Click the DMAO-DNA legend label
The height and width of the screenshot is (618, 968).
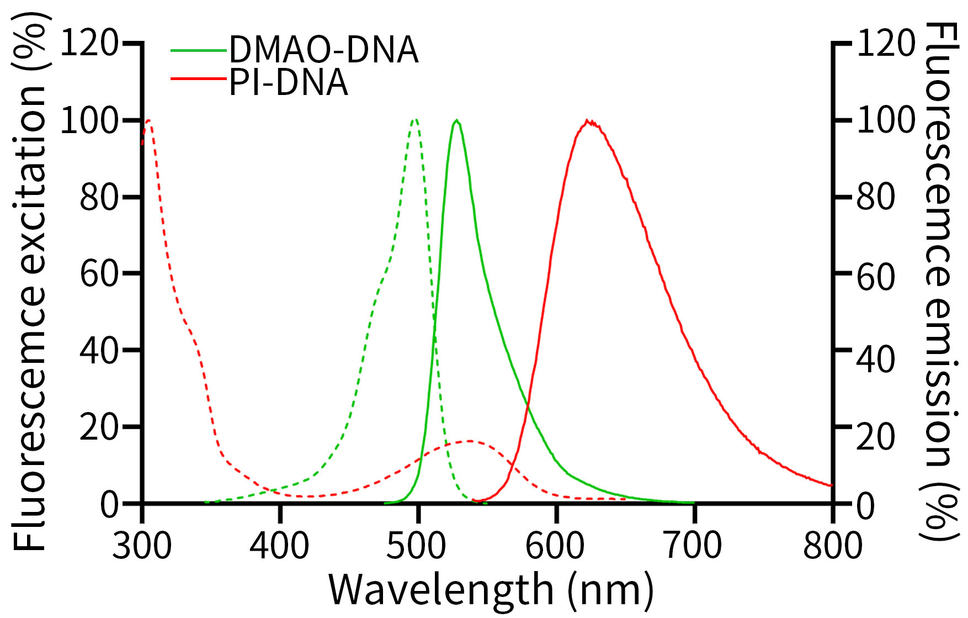coord(323,50)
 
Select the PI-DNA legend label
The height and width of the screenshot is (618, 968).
coord(288,83)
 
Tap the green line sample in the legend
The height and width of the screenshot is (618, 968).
coord(199,50)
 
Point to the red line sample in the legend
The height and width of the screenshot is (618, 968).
coord(199,79)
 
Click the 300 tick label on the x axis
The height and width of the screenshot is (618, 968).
coord(142,546)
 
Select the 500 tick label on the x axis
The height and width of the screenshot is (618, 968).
coord(416,546)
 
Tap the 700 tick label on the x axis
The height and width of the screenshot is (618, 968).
coord(693,546)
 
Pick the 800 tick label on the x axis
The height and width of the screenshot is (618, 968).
coord(832,546)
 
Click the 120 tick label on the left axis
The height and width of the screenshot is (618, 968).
coord(89,43)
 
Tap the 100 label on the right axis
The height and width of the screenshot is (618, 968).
coord(886,120)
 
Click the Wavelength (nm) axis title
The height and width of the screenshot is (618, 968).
coord(491,590)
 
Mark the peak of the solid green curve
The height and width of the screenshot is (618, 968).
coord(456,120)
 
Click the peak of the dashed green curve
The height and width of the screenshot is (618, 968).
coord(415,119)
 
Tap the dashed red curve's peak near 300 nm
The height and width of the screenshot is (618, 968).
coord(148,120)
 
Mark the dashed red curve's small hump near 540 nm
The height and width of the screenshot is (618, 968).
coord(469,441)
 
